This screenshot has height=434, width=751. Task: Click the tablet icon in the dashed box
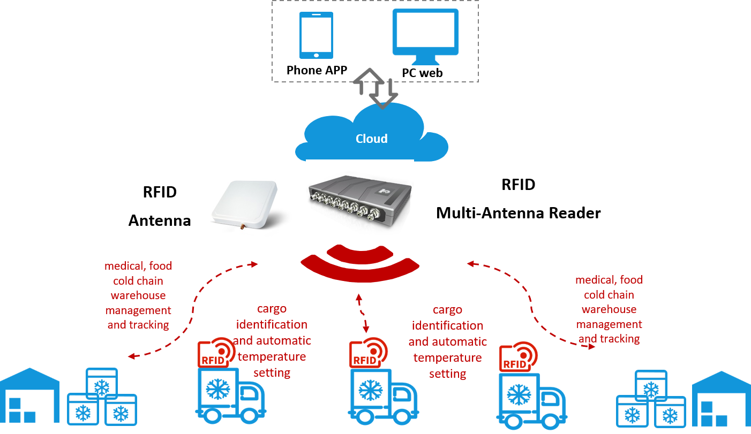[316, 35]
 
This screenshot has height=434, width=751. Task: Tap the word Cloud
[371, 139]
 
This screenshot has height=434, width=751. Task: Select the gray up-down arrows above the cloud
[376, 88]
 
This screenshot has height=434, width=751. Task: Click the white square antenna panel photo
[245, 204]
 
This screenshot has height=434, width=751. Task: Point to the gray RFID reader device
[359, 199]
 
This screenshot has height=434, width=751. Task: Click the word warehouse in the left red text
[138, 295]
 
